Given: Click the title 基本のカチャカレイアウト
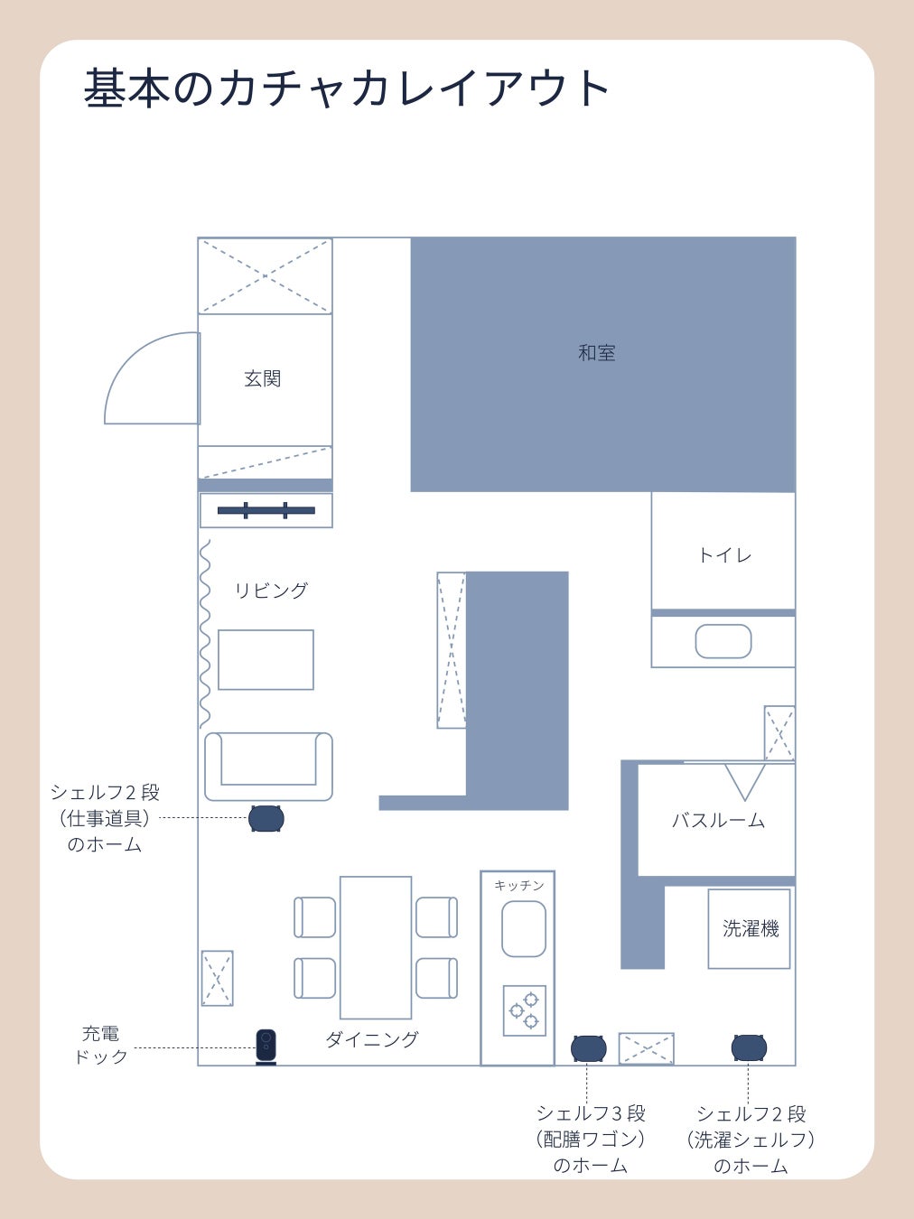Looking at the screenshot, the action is pyautogui.click(x=347, y=88).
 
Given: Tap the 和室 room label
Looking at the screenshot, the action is pyautogui.click(x=597, y=353).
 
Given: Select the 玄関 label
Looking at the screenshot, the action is pyautogui.click(x=263, y=378).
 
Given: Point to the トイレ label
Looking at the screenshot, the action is pyautogui.click(x=725, y=555).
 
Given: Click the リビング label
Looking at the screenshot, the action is pyautogui.click(x=271, y=590).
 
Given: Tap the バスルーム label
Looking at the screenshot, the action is pyautogui.click(x=719, y=820).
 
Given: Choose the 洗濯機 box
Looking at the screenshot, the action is pyautogui.click(x=749, y=928).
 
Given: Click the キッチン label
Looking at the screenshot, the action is pyautogui.click(x=519, y=885).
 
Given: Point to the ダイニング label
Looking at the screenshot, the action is pyautogui.click(x=371, y=1039).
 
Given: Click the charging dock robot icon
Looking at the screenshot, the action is pyautogui.click(x=266, y=1047).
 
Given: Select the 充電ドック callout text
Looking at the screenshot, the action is pyautogui.click(x=101, y=1045).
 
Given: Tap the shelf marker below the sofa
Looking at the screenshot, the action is pyautogui.click(x=266, y=819).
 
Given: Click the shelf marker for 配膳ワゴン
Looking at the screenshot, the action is pyautogui.click(x=589, y=1048).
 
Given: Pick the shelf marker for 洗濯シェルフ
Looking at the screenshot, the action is pyautogui.click(x=749, y=1048).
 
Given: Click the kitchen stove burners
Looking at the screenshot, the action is pyautogui.click(x=524, y=1010).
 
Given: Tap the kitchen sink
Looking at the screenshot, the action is pyautogui.click(x=524, y=929).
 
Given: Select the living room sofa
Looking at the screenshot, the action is pyautogui.click(x=269, y=767).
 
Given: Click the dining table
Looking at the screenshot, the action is pyautogui.click(x=376, y=947).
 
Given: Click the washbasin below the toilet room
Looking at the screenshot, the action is pyautogui.click(x=723, y=641).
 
